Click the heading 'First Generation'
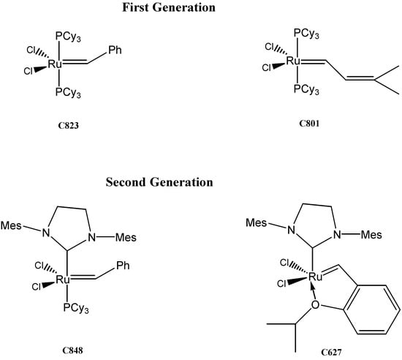[201, 10]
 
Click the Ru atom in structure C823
[54, 64]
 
